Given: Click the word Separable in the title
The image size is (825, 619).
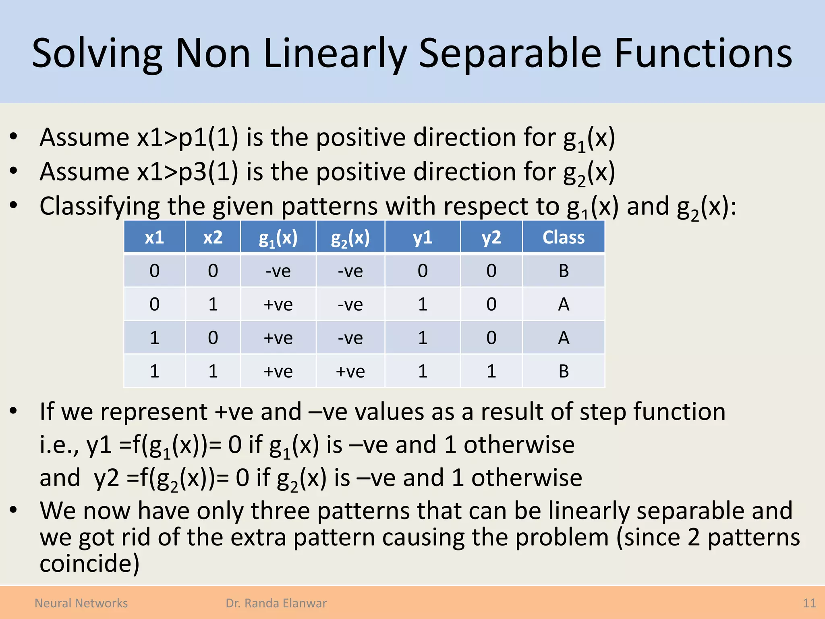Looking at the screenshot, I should tap(510, 53).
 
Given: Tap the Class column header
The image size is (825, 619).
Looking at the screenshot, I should tap(563, 237).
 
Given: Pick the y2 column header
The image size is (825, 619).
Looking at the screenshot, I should tap(491, 237).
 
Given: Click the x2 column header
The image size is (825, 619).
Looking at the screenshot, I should tap(213, 237).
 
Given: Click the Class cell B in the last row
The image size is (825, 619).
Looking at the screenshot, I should tap(563, 371).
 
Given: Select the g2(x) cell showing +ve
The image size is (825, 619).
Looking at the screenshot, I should tap(350, 371).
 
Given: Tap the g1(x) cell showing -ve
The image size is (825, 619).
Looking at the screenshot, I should tap(278, 271).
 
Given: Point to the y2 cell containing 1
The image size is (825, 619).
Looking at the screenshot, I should tap(491, 371).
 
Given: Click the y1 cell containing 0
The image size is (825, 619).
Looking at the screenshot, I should tap(422, 271).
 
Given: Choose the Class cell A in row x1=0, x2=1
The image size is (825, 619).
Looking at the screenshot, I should tap(563, 304).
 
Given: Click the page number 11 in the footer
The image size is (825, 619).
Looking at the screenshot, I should tap(809, 603).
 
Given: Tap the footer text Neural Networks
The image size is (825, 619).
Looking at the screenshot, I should tap(81, 603).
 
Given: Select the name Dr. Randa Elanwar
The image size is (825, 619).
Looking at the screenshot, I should tap(276, 603).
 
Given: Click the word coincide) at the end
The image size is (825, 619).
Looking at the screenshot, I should tap(89, 563).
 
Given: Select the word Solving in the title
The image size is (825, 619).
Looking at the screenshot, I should tap(97, 53).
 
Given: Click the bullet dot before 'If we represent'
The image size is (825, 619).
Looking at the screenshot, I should tap(14, 411).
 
